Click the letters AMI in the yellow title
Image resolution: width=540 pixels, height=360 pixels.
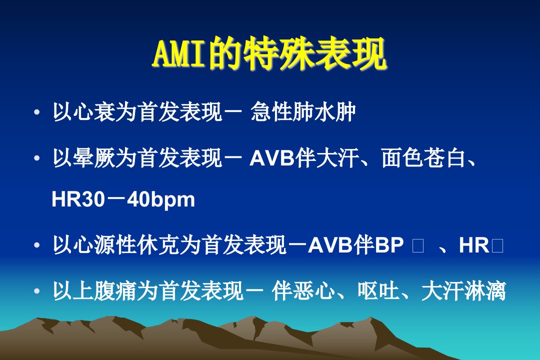click(180, 54)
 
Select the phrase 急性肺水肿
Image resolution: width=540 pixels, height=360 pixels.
click(303, 112)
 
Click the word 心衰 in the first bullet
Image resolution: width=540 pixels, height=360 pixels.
click(83, 112)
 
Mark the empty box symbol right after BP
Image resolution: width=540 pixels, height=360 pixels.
click(417, 246)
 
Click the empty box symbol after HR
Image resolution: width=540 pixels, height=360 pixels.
click(498, 246)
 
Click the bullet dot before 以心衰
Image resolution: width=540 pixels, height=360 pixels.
click(37, 112)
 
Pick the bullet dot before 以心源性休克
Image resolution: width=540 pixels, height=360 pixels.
click(37, 245)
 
